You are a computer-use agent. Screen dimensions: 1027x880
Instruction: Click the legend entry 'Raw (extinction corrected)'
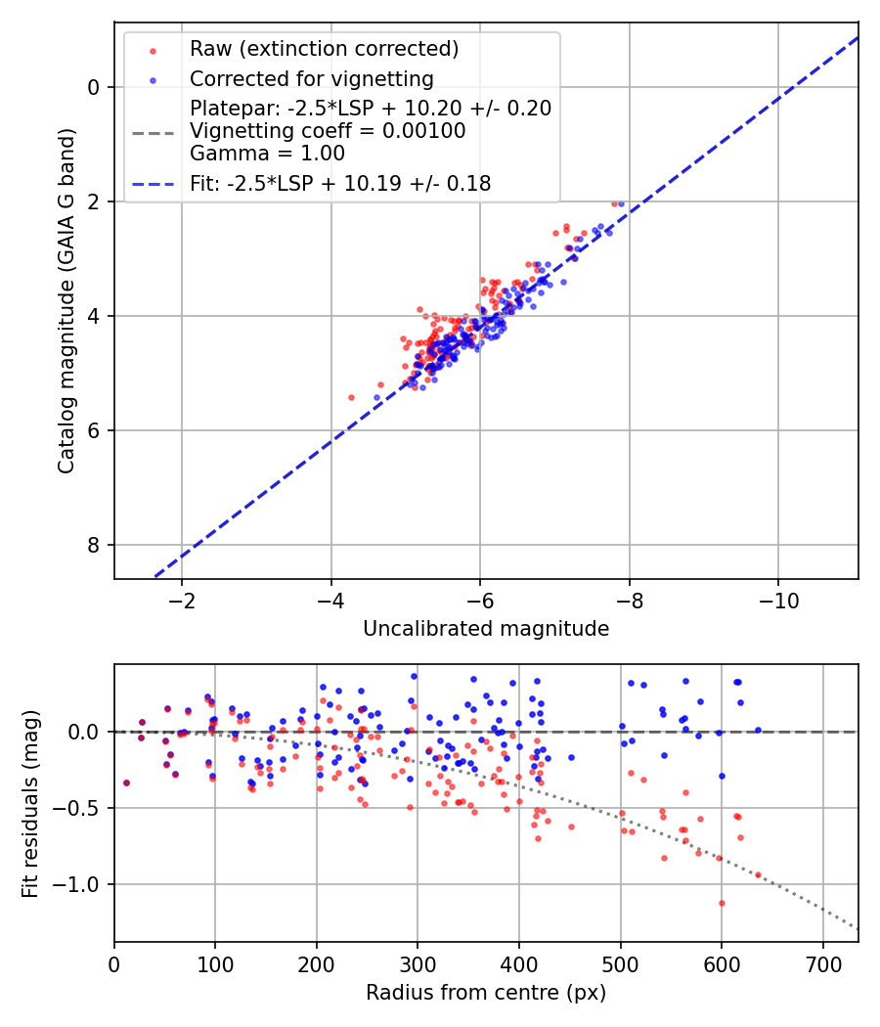(x=324, y=49)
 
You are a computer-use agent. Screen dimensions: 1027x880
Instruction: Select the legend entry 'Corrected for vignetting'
(x=311, y=78)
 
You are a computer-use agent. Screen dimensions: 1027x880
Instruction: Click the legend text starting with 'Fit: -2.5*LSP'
(x=339, y=183)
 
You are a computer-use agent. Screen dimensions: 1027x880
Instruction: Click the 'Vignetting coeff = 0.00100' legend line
(x=328, y=130)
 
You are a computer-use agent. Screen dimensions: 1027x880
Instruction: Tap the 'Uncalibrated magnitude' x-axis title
(x=486, y=629)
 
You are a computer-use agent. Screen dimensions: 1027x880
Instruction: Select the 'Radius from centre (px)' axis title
(x=486, y=993)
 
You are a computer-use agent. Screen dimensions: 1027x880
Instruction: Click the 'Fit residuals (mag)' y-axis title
(x=30, y=803)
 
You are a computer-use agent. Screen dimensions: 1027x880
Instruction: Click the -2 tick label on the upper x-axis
(x=181, y=599)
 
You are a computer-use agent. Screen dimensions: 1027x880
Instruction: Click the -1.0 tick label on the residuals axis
(x=81, y=884)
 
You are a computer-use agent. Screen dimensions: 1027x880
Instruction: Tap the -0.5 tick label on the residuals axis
(x=81, y=808)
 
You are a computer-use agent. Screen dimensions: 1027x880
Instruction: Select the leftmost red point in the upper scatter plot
(x=351, y=397)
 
